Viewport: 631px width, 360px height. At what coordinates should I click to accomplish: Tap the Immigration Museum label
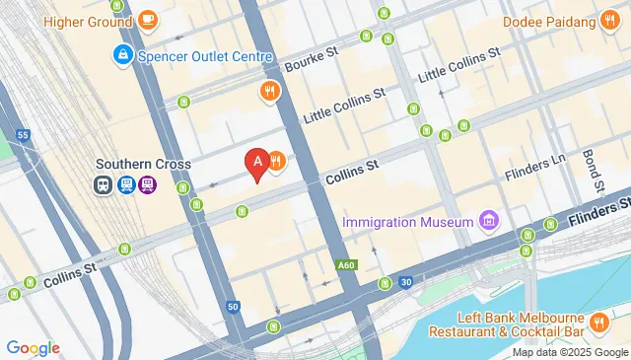408,222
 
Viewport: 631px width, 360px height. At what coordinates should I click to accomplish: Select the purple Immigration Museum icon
487,220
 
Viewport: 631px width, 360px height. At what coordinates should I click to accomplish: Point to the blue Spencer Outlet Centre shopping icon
123,54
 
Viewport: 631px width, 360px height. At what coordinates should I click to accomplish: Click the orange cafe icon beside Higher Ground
147,19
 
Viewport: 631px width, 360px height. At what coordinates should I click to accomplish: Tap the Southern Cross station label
143,164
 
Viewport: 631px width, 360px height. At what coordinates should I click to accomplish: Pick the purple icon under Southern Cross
147,183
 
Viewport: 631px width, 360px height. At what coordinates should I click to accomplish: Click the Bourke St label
312,60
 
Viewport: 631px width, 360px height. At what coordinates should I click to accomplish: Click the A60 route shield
345,264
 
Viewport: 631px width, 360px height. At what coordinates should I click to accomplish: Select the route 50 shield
233,307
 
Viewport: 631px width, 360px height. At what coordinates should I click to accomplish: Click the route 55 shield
23,134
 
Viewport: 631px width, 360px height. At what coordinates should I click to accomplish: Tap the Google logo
33,347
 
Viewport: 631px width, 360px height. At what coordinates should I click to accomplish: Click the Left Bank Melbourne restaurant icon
598,323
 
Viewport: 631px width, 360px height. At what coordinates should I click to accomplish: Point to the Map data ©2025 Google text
570,352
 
